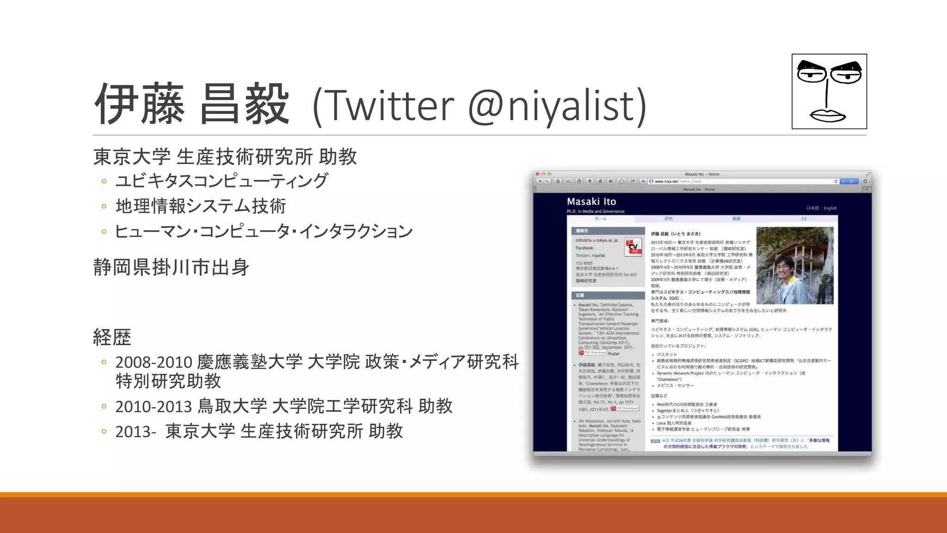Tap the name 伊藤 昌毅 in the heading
coord(192,104)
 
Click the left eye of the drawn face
coord(812,74)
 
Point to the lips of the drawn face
coord(827,115)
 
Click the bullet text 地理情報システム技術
coord(201,206)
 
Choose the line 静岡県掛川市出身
coord(171,267)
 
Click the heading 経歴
coord(112,337)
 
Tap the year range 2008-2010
coord(153,362)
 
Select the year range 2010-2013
coord(153,407)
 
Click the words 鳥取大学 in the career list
coord(232,406)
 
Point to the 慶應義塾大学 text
coord(250,362)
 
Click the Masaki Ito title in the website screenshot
coord(591,202)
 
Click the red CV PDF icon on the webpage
coord(633,247)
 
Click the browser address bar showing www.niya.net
coord(740,181)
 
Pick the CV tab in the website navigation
coord(804,218)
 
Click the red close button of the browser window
coord(537,174)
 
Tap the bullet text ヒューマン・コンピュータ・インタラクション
coord(264,231)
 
